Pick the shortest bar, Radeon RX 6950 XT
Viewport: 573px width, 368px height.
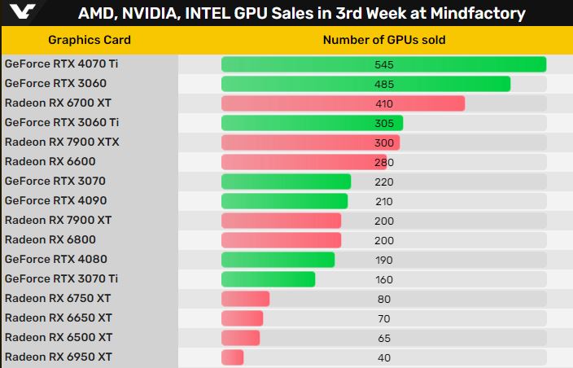point(232,357)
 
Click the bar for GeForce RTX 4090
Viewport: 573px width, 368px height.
point(284,201)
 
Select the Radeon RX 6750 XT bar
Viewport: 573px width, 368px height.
point(245,299)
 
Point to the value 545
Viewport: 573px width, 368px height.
point(384,64)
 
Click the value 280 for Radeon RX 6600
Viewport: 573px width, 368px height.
point(384,162)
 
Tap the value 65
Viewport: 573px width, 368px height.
point(384,338)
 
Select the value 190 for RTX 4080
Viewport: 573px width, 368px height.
point(384,260)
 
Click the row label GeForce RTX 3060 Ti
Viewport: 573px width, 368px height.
point(62,122)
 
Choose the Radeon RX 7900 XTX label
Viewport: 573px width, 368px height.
point(62,142)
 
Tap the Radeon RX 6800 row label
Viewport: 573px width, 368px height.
point(50,239)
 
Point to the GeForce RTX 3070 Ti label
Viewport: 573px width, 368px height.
point(62,278)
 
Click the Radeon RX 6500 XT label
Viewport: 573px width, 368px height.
point(59,337)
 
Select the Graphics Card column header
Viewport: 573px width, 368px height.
point(89,40)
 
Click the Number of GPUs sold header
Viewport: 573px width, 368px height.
point(384,40)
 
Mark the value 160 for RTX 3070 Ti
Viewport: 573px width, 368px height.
point(384,279)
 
